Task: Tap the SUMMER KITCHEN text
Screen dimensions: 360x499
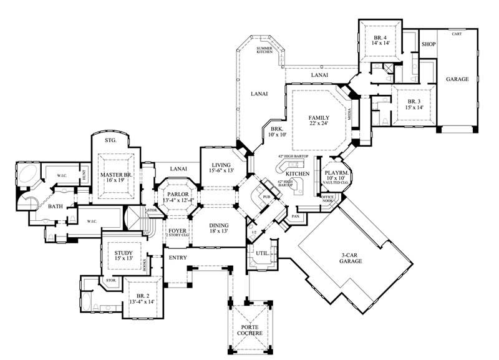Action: [x=264, y=49]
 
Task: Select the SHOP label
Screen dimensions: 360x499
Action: [x=428, y=45]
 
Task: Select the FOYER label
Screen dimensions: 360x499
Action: [x=177, y=231]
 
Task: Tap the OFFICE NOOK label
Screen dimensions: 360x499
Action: [x=327, y=199]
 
